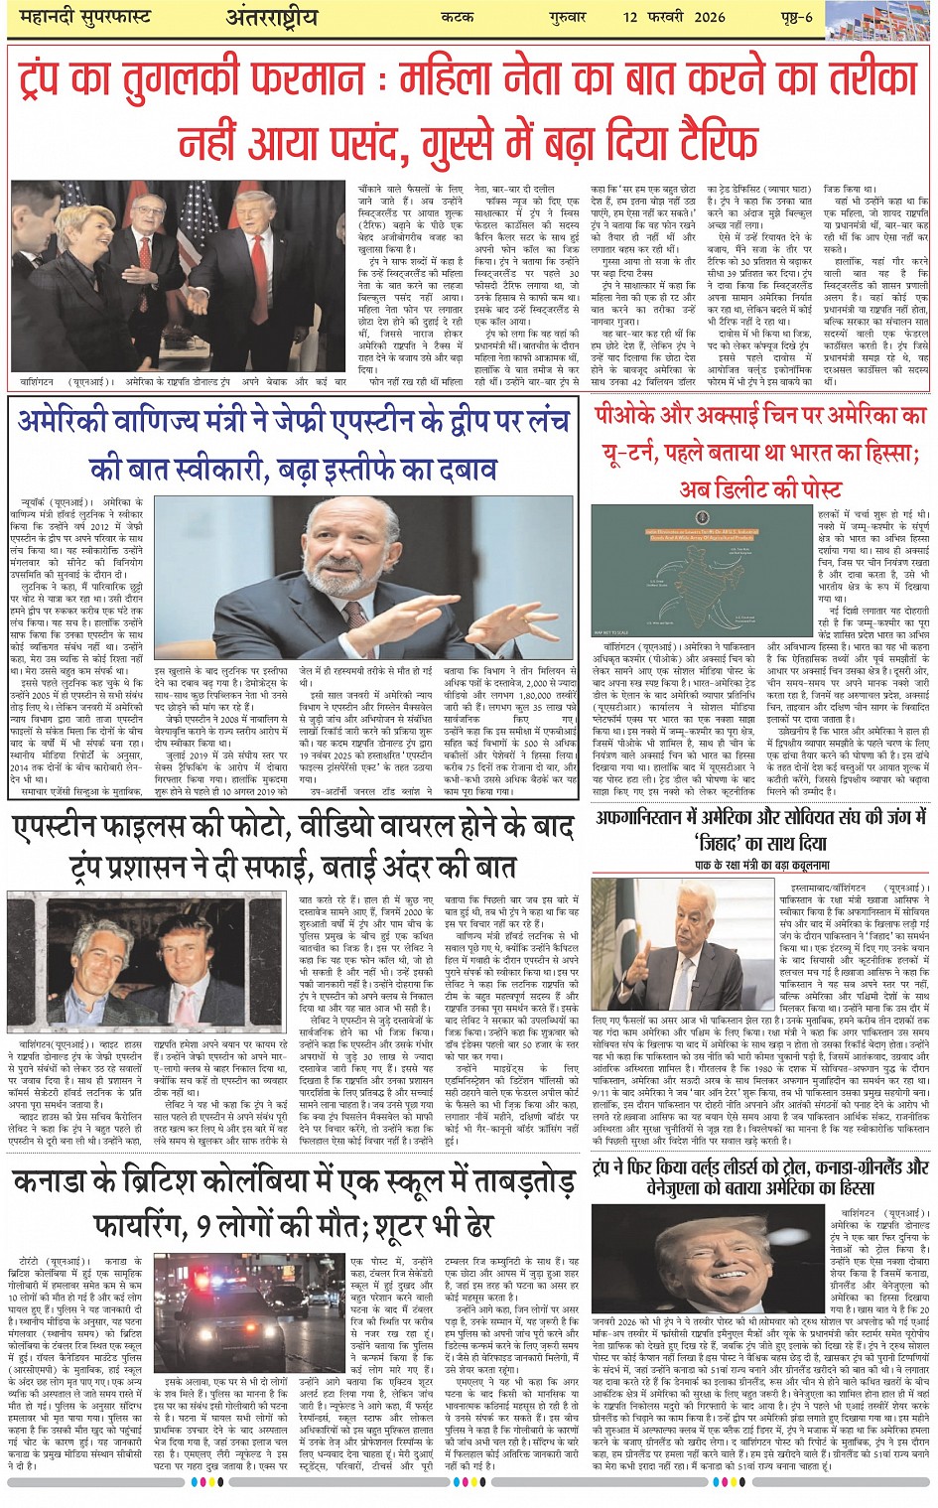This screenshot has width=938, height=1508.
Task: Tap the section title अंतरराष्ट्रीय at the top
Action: (272, 18)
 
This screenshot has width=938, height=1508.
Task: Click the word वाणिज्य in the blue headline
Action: (195, 421)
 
